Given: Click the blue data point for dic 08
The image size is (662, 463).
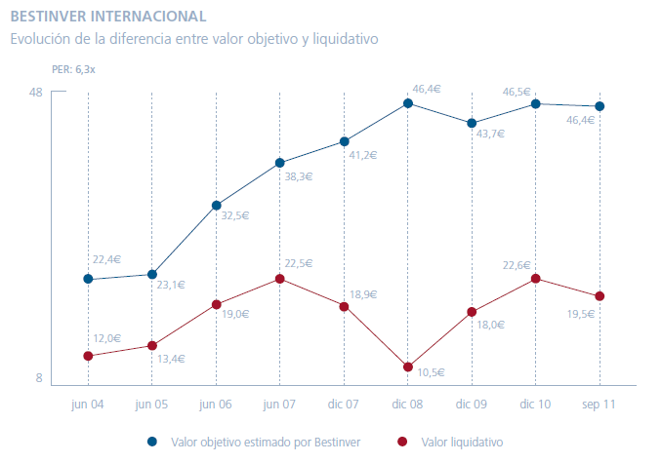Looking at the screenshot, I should pos(408,103).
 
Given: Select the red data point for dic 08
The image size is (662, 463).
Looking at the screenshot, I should pos(408,367).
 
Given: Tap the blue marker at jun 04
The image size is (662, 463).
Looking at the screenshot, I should pos(88,279).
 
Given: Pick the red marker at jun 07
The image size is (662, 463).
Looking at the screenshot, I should pos(280,279).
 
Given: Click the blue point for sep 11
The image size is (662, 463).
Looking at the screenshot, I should pos(600,106).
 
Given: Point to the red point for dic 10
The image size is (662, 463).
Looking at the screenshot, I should pos(536,279).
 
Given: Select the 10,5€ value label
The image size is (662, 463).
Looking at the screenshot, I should pos(431,372).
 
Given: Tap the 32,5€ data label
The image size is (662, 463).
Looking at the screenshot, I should pos(235,215).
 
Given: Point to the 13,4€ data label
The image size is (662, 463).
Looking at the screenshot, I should pos(172,359).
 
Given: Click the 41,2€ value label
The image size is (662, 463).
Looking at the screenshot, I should pos(363,155).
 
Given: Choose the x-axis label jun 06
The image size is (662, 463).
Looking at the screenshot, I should pos(216,404).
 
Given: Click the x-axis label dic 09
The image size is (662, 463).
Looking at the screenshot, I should pos(472,404).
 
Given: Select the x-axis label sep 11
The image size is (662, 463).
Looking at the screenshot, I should pos(599,404).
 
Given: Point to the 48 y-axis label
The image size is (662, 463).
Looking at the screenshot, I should pos(36,93).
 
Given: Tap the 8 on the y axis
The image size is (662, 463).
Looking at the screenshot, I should pos(39,378).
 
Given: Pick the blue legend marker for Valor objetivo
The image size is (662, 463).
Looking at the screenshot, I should pos(152,442).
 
